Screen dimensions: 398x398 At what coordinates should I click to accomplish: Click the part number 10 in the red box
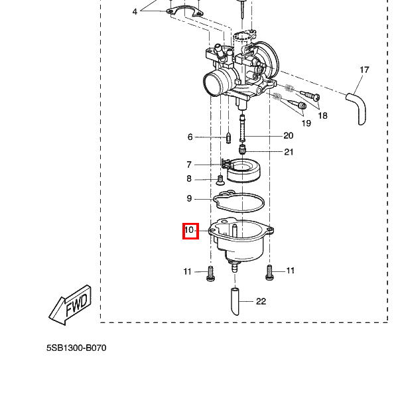[189, 230]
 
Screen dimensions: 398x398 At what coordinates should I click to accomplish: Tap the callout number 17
[364, 70]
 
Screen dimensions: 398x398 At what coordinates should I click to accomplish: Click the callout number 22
[261, 301]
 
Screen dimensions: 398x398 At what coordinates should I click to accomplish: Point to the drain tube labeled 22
[235, 301]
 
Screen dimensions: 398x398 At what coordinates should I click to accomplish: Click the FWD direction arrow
[70, 305]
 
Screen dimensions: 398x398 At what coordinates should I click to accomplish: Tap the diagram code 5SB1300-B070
[76, 348]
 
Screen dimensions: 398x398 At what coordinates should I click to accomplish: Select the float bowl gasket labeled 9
[239, 201]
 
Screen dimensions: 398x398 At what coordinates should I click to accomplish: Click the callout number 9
[189, 198]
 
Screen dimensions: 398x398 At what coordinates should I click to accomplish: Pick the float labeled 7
[241, 170]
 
